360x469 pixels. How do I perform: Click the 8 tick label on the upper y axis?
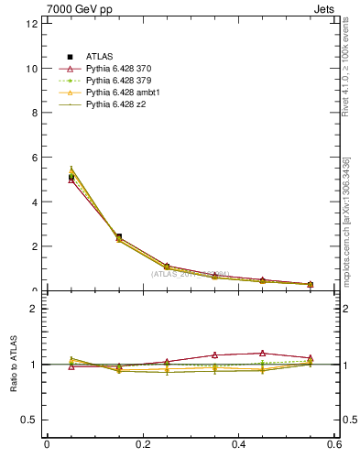tap(33, 113)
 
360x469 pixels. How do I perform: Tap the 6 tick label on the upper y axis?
tap(33, 158)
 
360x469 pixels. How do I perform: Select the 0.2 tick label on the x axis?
tap(142, 444)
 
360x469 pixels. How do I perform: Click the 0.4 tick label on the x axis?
tap(238, 444)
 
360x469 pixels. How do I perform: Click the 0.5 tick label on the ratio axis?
tap(29, 420)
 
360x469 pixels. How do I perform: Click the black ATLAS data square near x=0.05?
tap(71, 177)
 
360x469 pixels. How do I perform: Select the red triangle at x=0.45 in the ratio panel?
tap(262, 353)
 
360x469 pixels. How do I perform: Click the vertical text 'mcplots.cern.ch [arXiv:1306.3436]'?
tap(346, 223)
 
